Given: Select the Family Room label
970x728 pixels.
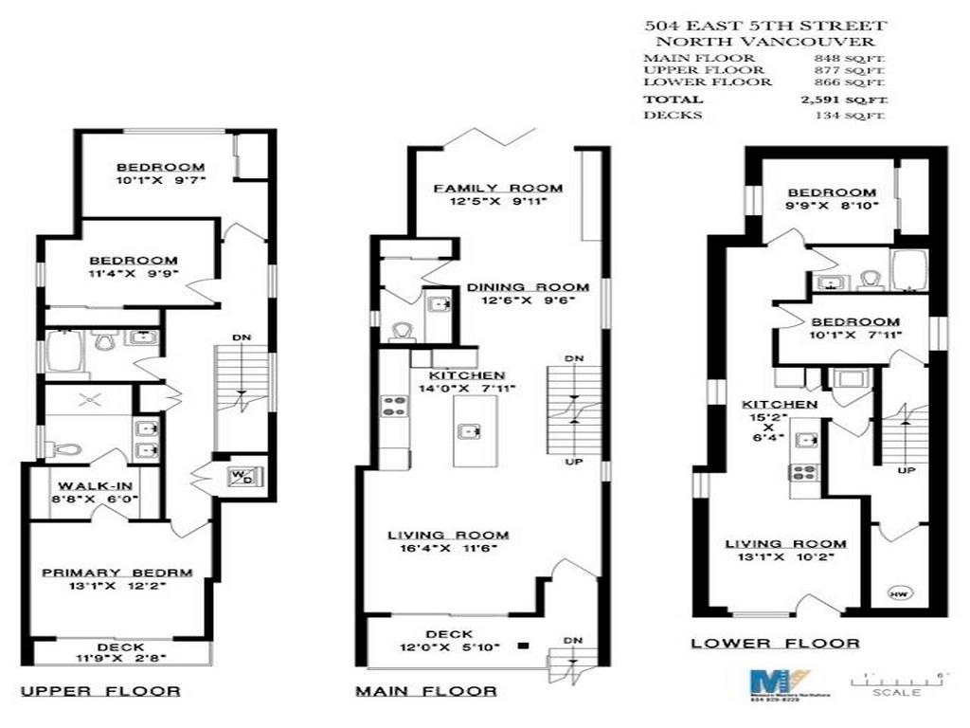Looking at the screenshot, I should tap(498, 188).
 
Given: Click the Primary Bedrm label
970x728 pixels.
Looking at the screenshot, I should tap(117, 573).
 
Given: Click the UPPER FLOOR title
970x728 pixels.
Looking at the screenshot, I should tap(100, 691).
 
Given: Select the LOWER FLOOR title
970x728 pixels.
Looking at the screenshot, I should tap(775, 644).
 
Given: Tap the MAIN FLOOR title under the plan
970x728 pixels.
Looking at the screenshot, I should tap(425, 691).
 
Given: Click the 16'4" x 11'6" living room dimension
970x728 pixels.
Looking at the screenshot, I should tap(448, 548).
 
